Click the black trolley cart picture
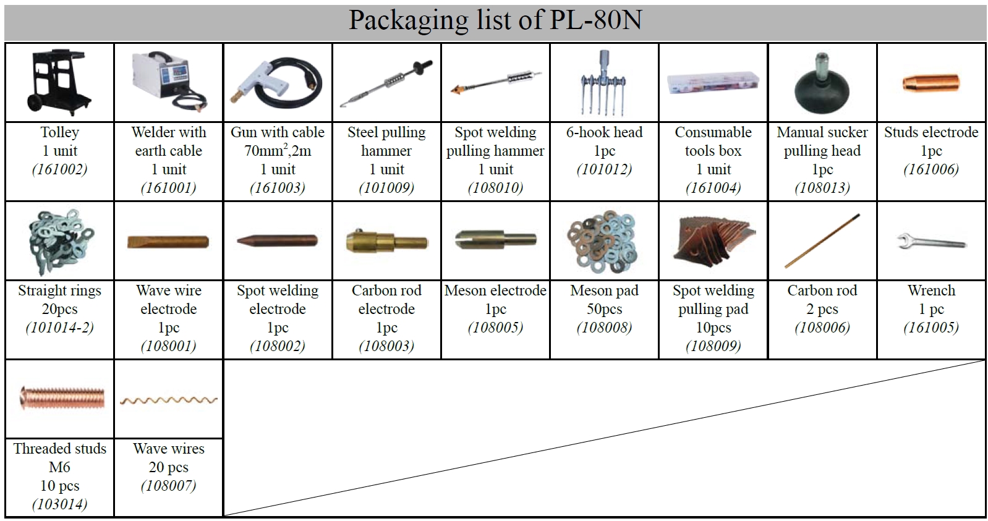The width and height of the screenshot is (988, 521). coord(59,83)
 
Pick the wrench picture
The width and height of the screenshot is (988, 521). coord(931,241)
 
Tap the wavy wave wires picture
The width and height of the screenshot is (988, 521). coord(168,400)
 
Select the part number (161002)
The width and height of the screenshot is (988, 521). coord(59,169)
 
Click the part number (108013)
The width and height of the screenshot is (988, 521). coord(822,188)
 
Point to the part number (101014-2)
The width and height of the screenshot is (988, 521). coord(59,328)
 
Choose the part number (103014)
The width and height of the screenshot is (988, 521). coord(59,504)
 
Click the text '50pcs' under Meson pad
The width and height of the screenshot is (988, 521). coord(604,309)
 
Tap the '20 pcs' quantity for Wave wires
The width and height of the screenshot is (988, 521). coord(168,467)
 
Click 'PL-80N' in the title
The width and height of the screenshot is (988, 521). coord(595,20)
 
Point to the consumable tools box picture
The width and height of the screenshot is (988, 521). coord(712,83)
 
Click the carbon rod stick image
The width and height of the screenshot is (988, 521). coord(822,241)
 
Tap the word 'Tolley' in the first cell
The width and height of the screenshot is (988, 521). coord(59,132)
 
